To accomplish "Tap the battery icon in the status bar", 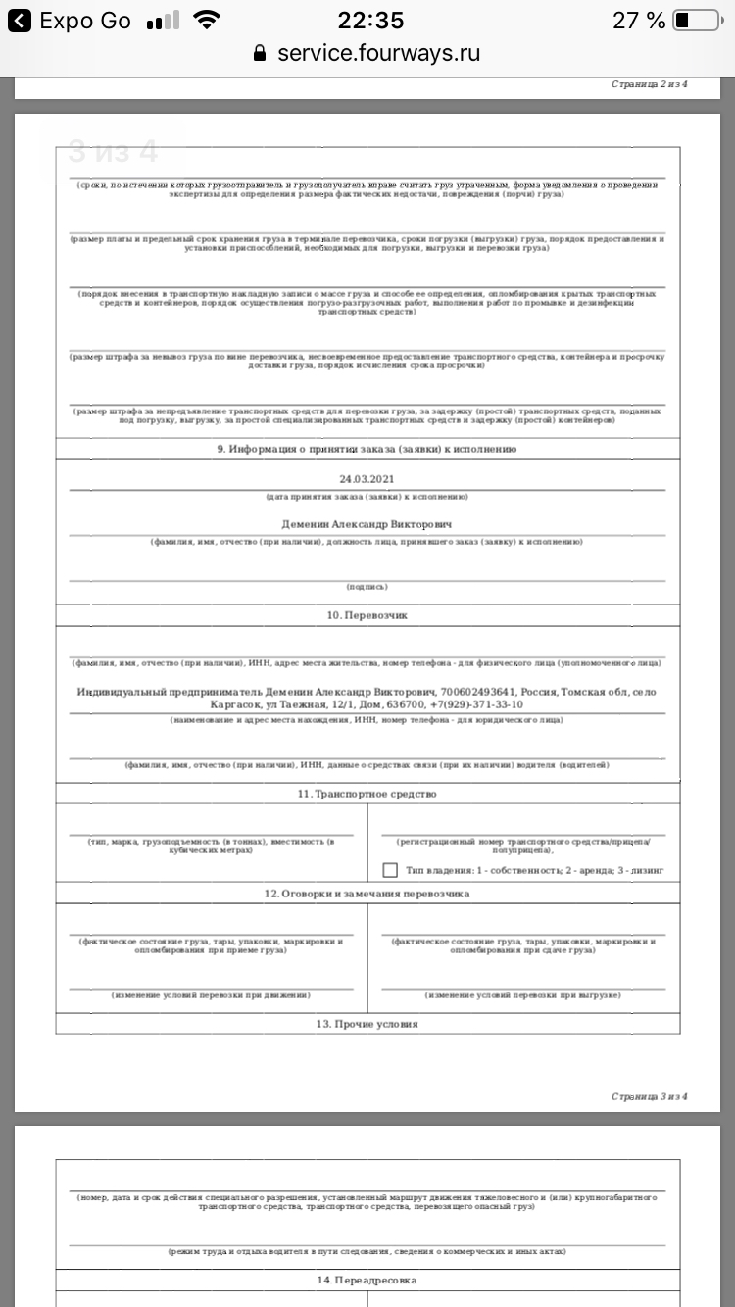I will click(x=696, y=21).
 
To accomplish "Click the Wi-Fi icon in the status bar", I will click(x=207, y=21).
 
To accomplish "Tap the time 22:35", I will click(x=370, y=21).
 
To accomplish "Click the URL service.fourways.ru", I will click(x=378, y=53).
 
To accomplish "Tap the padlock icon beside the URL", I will click(x=260, y=53).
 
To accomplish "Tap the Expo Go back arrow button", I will click(x=19, y=21).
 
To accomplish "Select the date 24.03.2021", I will click(x=367, y=479).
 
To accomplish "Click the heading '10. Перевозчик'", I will click(x=367, y=615).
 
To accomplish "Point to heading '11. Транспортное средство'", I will click(x=367, y=794).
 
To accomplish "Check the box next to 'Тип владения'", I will click(x=390, y=870).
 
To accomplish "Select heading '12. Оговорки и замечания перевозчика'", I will click(x=367, y=894).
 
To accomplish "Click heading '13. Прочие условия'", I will click(x=367, y=1024).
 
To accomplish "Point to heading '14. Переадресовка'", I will click(x=367, y=1281).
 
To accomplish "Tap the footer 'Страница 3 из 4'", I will click(x=649, y=1096).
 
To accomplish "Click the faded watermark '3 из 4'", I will click(x=112, y=152).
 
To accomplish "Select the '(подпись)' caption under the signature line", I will click(x=367, y=587).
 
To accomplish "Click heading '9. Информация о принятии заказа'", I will click(x=367, y=449).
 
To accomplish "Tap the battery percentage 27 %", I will click(x=639, y=21).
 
